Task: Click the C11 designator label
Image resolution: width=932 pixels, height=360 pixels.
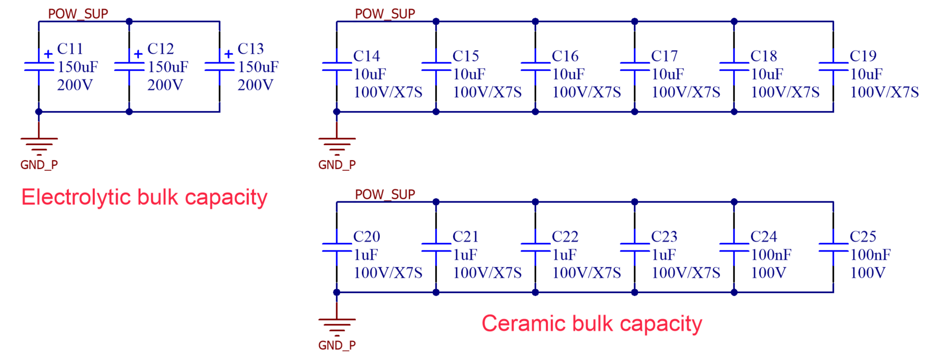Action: [x=70, y=49]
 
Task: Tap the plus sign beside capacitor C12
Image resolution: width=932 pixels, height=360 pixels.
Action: [x=138, y=54]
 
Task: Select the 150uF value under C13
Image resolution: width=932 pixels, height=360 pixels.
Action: [x=258, y=67]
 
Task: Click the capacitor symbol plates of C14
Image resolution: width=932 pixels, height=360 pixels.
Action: [x=337, y=66]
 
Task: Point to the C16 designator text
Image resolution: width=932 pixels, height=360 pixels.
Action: [x=565, y=56]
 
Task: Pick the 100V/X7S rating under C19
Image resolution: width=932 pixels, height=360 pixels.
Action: [x=884, y=92]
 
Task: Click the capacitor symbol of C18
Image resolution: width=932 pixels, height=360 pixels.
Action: [x=734, y=66]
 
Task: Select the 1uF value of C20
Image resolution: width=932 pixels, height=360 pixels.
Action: [x=366, y=255]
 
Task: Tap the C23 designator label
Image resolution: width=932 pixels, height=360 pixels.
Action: [x=664, y=236]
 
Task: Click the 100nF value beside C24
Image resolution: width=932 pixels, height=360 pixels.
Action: [x=771, y=255]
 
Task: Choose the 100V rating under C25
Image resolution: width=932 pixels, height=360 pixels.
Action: [x=868, y=273]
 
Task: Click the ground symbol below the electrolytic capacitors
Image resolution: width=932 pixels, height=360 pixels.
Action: [x=39, y=144]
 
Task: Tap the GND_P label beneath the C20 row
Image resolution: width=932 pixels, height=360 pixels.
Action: [x=337, y=345]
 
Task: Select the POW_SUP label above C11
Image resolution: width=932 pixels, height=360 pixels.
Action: [x=78, y=14]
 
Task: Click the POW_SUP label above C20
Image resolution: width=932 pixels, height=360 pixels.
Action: [x=385, y=194]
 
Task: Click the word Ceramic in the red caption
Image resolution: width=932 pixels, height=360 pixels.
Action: [x=523, y=323]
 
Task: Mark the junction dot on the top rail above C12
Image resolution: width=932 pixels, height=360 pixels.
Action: [x=129, y=21]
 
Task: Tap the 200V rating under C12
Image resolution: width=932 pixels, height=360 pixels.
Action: [x=165, y=85]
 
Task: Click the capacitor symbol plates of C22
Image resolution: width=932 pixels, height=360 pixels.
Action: [x=535, y=247]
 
